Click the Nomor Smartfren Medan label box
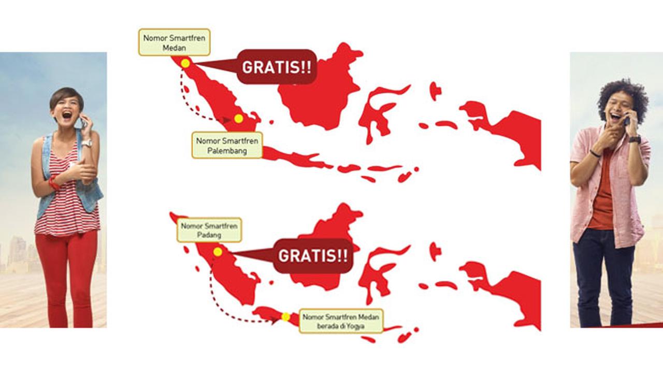[x=174, y=42]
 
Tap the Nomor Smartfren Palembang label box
[x=227, y=146]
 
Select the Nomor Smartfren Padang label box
[x=209, y=230]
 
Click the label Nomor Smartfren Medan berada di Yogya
[x=342, y=321]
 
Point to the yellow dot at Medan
[x=185, y=63]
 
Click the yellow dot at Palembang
[x=238, y=119]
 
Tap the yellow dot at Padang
[x=218, y=252]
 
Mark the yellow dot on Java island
[x=285, y=317]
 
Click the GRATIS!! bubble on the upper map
[x=277, y=67]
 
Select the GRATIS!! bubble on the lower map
[x=313, y=255]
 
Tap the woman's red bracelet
[x=53, y=182]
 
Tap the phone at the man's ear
[x=626, y=121]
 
